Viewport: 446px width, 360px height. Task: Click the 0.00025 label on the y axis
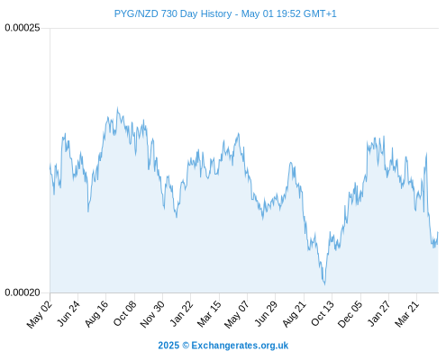(x=23, y=28)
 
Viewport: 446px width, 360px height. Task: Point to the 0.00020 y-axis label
(x=23, y=292)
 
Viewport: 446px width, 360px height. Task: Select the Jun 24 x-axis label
(x=68, y=313)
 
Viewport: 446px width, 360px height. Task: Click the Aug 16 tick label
(x=96, y=314)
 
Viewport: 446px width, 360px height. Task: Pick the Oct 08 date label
(x=124, y=313)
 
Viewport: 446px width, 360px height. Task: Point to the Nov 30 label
(x=152, y=314)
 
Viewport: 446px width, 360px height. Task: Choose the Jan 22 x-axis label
(x=181, y=313)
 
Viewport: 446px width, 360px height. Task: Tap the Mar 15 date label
(x=209, y=314)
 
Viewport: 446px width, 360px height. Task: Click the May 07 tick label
(x=237, y=314)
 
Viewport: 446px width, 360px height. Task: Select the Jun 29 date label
(x=266, y=313)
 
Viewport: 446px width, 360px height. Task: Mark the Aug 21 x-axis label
(x=295, y=314)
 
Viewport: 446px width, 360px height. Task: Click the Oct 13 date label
(x=323, y=313)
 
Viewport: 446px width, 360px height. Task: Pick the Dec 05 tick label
(x=350, y=314)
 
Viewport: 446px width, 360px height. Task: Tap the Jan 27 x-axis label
(x=379, y=313)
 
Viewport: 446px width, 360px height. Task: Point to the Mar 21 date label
(x=406, y=314)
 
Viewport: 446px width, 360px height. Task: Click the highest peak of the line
(x=117, y=108)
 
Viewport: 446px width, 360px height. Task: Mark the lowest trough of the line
(x=324, y=284)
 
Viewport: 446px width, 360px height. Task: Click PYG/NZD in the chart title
(x=136, y=13)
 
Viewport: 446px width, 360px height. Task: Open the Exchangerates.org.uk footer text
(x=240, y=346)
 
